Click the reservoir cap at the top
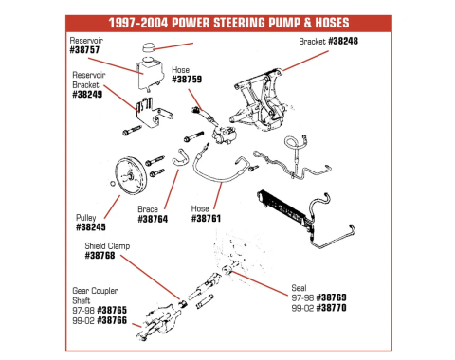tap(148, 47)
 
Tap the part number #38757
tap(84, 50)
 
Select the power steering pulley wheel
tap(131, 175)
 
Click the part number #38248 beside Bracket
tap(343, 41)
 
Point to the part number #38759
tap(187, 79)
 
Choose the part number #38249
tap(87, 95)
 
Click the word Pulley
tap(86, 218)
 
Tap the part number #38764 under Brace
tap(153, 219)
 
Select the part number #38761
tap(206, 218)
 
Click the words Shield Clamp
tap(107, 246)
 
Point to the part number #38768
tap(100, 256)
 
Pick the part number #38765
tap(112, 310)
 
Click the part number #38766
tap(112, 320)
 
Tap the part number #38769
tap(331, 297)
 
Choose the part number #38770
tap(331, 308)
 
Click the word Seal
tap(299, 288)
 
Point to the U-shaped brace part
tap(180, 158)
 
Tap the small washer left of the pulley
tap(112, 183)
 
